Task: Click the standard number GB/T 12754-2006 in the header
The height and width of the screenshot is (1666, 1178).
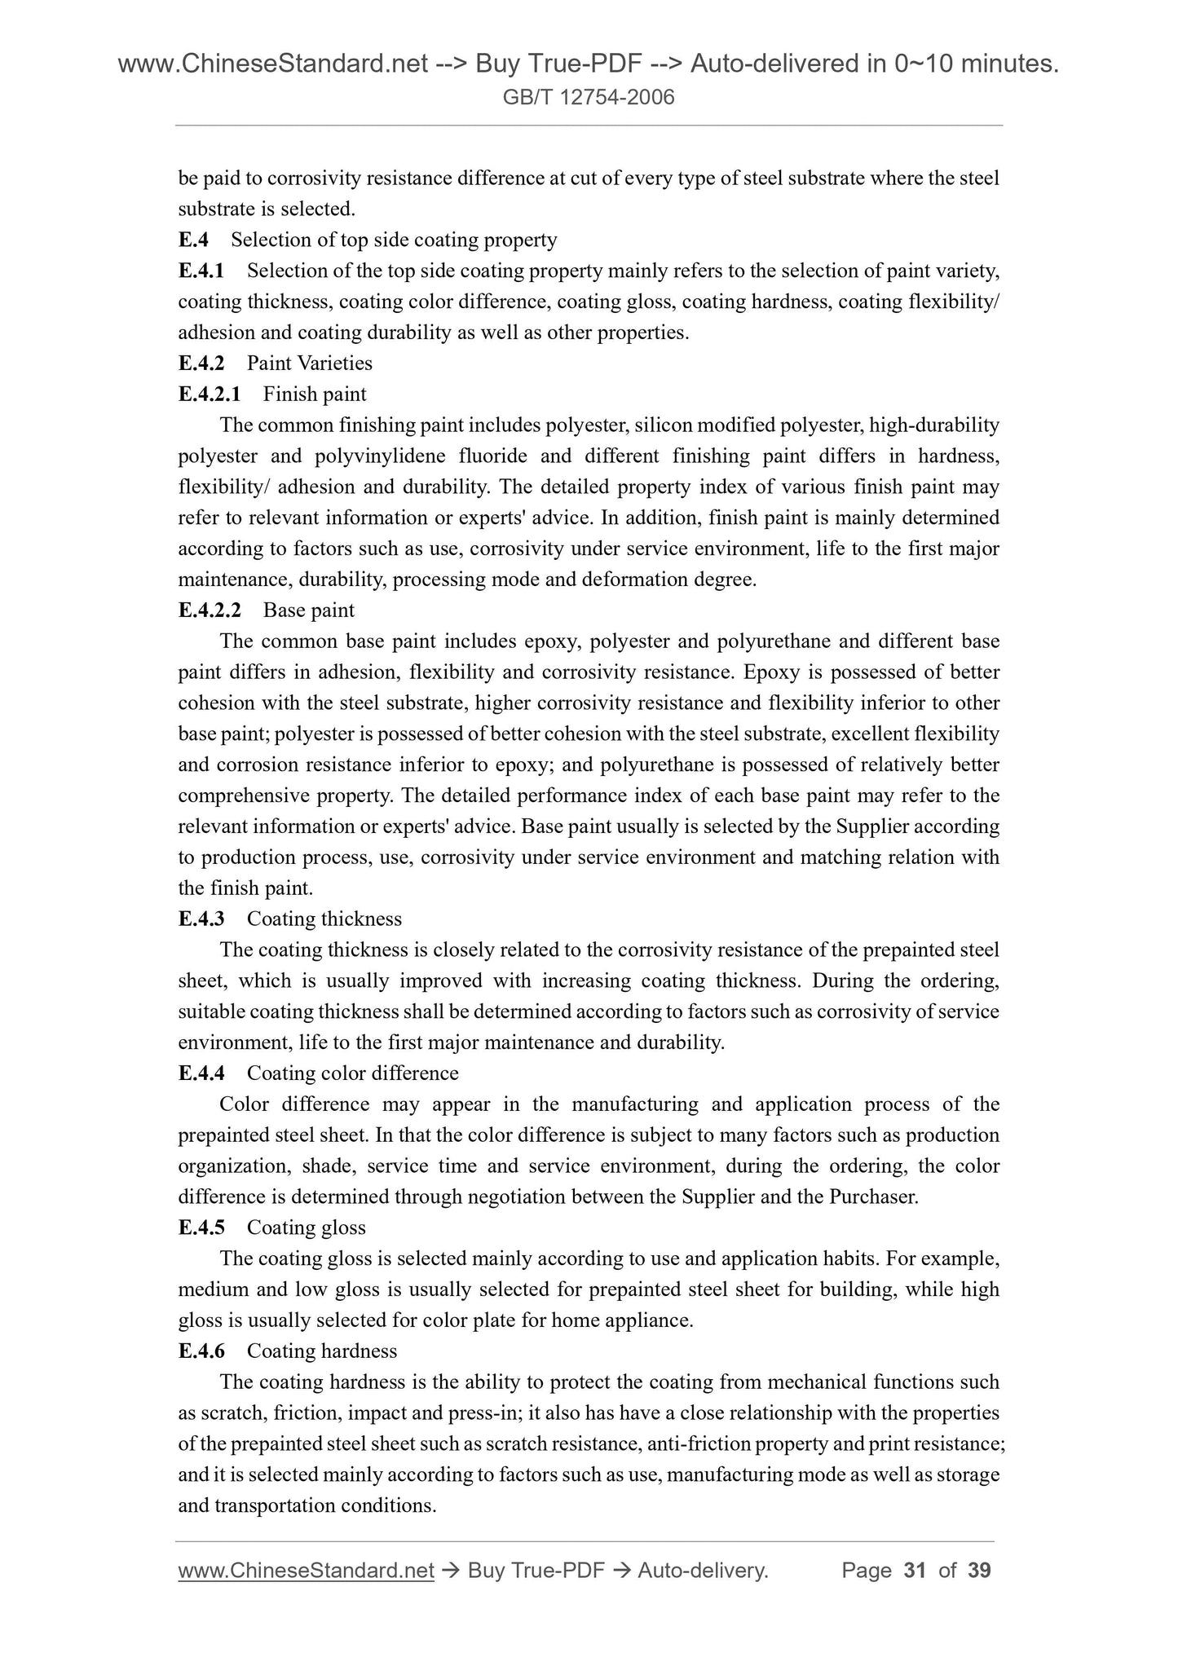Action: click(x=589, y=98)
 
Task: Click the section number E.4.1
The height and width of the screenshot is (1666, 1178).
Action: click(x=201, y=271)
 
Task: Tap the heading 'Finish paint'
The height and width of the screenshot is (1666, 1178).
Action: click(x=315, y=394)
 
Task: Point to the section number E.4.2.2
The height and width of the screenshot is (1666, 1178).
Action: click(x=210, y=610)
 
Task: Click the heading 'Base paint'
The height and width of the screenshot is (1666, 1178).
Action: click(x=309, y=610)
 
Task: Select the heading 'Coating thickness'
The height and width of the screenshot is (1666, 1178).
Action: click(x=324, y=919)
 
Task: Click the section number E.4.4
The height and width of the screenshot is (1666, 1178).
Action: click(x=201, y=1073)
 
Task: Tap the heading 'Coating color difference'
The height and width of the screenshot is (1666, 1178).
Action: click(x=352, y=1073)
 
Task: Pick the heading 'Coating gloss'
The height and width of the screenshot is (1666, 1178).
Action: click(x=307, y=1228)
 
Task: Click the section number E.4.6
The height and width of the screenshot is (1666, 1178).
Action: click(x=201, y=1351)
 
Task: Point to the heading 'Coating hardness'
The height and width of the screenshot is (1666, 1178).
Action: click(x=322, y=1351)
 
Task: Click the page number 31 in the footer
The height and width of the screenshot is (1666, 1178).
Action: click(x=915, y=1571)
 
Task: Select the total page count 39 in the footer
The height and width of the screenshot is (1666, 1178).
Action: click(x=979, y=1571)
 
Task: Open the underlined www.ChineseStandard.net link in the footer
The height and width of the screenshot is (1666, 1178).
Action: click(x=306, y=1571)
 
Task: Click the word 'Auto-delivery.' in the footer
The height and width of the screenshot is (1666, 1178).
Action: click(x=704, y=1571)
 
